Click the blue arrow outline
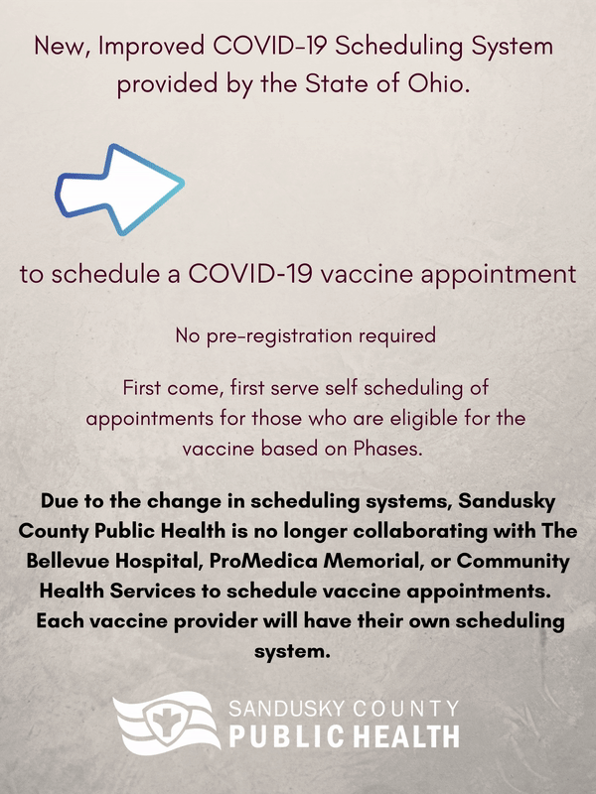click(x=119, y=190)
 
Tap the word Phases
click(x=387, y=448)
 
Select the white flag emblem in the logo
click(x=165, y=722)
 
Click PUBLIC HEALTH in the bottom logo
click(x=345, y=736)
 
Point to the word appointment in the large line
click(x=499, y=275)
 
